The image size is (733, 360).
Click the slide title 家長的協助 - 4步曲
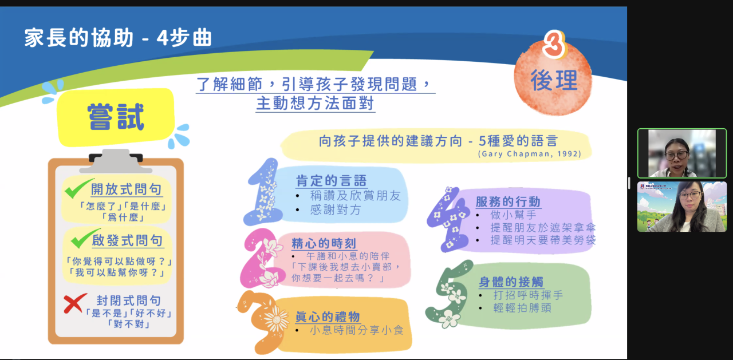point(118,38)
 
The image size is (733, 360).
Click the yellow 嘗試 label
point(116,117)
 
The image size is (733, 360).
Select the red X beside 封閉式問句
point(75,303)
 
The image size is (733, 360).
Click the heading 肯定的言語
point(331,180)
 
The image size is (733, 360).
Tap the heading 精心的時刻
point(324,243)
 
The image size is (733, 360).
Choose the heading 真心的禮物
point(328,317)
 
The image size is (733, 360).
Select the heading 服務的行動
point(508,201)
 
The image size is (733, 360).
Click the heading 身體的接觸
point(511,282)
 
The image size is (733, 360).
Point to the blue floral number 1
point(264,192)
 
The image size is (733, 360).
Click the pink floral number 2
point(262,258)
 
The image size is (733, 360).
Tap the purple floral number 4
point(448,220)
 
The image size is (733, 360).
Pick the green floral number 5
point(449,294)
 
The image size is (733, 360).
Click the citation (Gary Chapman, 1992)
point(530,154)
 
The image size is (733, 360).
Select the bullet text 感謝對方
point(336,209)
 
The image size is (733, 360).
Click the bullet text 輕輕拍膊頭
point(522,308)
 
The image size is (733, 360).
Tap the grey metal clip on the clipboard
point(116,161)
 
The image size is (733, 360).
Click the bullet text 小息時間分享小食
point(357,330)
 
